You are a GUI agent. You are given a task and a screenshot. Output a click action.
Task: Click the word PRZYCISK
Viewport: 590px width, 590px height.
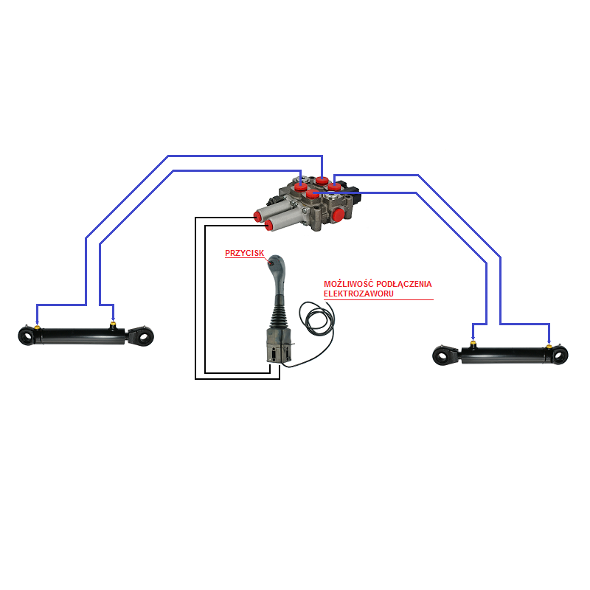245,253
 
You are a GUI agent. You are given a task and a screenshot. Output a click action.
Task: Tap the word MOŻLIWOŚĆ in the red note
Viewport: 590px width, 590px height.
348,284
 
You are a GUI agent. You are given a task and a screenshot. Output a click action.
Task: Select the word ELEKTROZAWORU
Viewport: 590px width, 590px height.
358,294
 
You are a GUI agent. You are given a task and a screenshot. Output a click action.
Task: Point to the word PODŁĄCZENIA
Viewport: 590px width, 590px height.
403,284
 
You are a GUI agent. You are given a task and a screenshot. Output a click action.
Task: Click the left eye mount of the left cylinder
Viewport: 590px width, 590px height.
27,336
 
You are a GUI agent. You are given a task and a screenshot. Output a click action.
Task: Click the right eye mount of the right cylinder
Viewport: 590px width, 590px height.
560,355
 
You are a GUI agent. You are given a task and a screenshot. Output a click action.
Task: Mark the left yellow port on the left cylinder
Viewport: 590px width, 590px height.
37,327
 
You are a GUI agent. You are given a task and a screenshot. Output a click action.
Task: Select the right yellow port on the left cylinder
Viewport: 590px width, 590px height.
113,324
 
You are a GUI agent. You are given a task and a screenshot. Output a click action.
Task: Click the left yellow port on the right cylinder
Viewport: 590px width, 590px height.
473,344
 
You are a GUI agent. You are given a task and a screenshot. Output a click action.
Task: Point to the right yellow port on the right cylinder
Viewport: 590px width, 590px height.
549,346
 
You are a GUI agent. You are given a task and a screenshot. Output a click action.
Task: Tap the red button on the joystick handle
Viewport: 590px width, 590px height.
271,263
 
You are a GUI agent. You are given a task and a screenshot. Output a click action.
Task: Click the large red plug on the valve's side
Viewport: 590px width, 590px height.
338,215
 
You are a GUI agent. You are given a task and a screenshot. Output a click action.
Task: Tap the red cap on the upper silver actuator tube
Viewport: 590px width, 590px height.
258,216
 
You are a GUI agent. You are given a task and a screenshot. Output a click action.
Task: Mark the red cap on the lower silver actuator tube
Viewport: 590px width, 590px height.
269,225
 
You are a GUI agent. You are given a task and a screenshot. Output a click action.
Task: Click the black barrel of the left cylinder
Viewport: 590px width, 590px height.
82,336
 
